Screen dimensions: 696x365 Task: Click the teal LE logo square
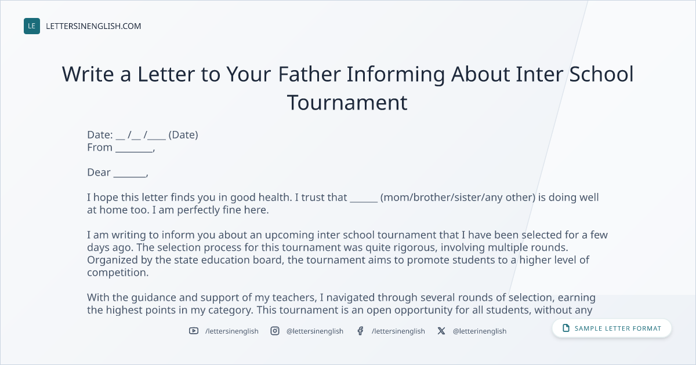tap(32, 26)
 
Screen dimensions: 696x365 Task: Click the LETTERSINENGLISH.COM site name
tap(93, 26)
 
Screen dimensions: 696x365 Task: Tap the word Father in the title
tap(310, 74)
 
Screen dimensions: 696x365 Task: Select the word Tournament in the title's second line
tap(347, 103)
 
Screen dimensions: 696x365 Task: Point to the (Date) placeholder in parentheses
tap(183, 134)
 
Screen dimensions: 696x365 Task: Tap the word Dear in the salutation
tap(99, 172)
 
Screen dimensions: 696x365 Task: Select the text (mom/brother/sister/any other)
tap(458, 198)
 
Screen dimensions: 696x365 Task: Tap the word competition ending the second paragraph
tap(118, 272)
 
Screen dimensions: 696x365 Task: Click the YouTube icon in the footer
tap(194, 331)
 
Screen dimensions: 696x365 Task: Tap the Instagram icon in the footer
tap(275, 331)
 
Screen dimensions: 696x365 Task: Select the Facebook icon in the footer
tap(360, 331)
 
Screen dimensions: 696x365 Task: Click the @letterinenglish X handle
tap(480, 331)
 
